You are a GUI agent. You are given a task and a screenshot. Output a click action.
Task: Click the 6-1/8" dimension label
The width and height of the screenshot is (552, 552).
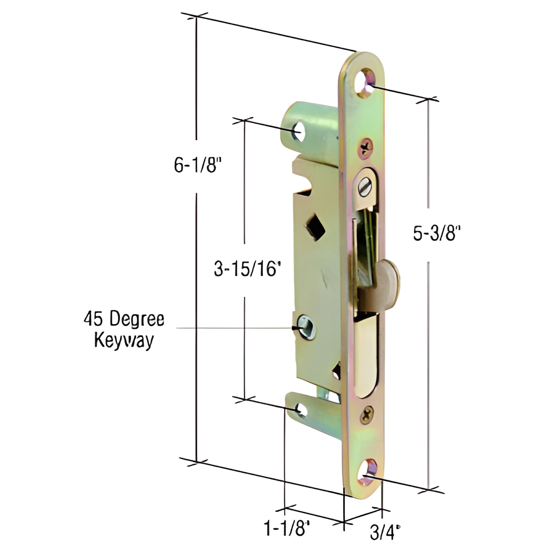[x=198, y=165]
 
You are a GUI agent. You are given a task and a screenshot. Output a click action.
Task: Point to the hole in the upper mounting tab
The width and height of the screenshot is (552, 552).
[x=299, y=131]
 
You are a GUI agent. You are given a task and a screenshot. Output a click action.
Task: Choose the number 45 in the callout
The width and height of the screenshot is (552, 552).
[x=92, y=319]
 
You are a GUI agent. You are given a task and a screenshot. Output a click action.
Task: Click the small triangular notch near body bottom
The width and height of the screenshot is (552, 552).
[x=337, y=371]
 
